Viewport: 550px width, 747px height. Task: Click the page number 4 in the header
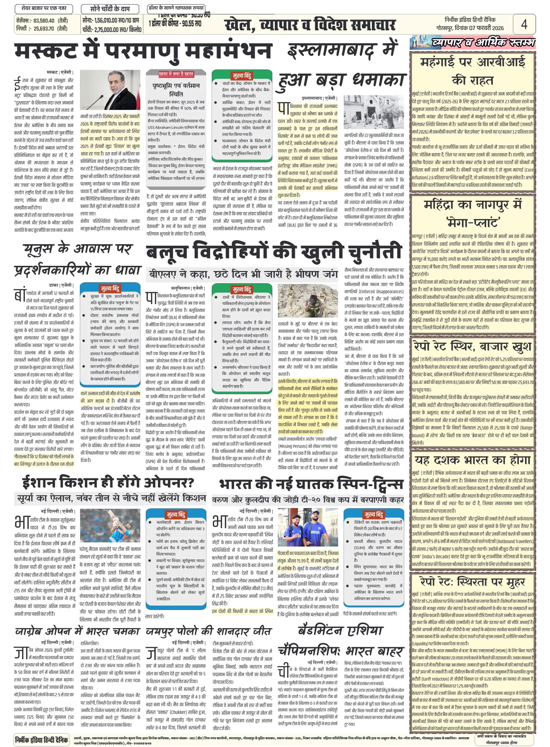pyautogui.click(x=524, y=24)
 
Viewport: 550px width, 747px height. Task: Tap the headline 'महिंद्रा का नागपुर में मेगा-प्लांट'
pyautogui.click(x=472, y=213)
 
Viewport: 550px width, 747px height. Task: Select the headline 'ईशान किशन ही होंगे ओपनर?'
pyautogui.click(x=108, y=482)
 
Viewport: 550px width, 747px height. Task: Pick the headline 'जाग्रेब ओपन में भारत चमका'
pyautogui.click(x=77, y=631)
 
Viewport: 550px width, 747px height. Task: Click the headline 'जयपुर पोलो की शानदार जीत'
pyautogui.click(x=209, y=631)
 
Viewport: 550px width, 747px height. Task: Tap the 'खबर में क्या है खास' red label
pyautogui.click(x=176, y=74)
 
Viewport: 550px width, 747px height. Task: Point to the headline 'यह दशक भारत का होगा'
pyautogui.click(x=472, y=460)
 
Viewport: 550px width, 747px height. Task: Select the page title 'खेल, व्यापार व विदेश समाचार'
pyautogui.click(x=310, y=25)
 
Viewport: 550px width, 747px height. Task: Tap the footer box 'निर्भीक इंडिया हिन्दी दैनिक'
pyautogui.click(x=42, y=739)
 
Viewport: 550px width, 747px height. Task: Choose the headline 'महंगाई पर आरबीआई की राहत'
pyautogui.click(x=472, y=71)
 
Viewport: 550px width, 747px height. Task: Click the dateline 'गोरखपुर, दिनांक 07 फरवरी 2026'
pyautogui.click(x=470, y=28)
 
